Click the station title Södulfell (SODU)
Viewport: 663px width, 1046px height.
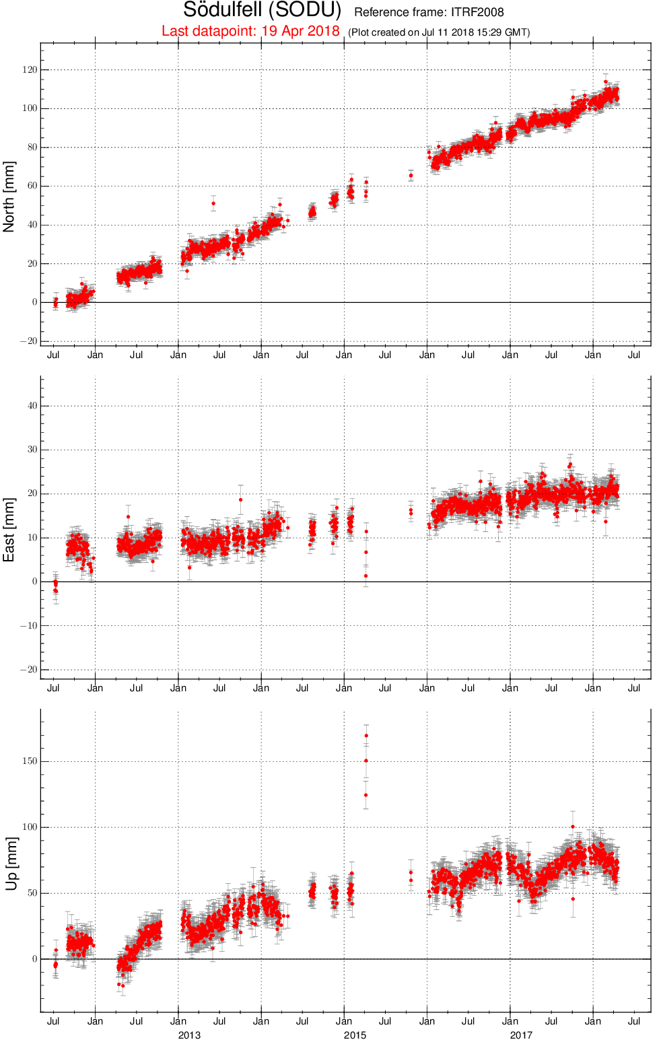(x=262, y=10)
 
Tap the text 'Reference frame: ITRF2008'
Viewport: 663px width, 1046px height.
(x=429, y=12)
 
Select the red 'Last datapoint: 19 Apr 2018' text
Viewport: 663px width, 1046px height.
(x=250, y=31)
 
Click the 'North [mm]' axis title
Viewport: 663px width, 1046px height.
(x=9, y=197)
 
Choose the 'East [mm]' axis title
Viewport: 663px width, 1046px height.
(x=9, y=530)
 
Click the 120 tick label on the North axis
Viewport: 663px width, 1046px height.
(x=30, y=69)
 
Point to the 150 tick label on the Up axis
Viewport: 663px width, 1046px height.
(x=30, y=761)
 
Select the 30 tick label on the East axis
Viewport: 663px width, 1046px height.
(x=32, y=450)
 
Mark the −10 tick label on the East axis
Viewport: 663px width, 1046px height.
(x=28, y=626)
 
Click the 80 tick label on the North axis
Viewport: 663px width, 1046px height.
(x=32, y=147)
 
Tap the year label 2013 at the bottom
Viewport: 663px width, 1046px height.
(x=189, y=1035)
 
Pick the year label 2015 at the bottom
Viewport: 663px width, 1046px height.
(x=355, y=1035)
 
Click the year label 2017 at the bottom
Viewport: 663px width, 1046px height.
(x=521, y=1035)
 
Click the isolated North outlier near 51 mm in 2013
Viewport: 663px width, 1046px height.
(x=213, y=203)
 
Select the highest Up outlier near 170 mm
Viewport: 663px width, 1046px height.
(x=367, y=736)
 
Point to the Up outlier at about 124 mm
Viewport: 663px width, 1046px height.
(x=366, y=795)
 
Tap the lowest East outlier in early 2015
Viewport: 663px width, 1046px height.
(x=366, y=576)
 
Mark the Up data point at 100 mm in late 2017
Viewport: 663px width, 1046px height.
(x=573, y=827)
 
